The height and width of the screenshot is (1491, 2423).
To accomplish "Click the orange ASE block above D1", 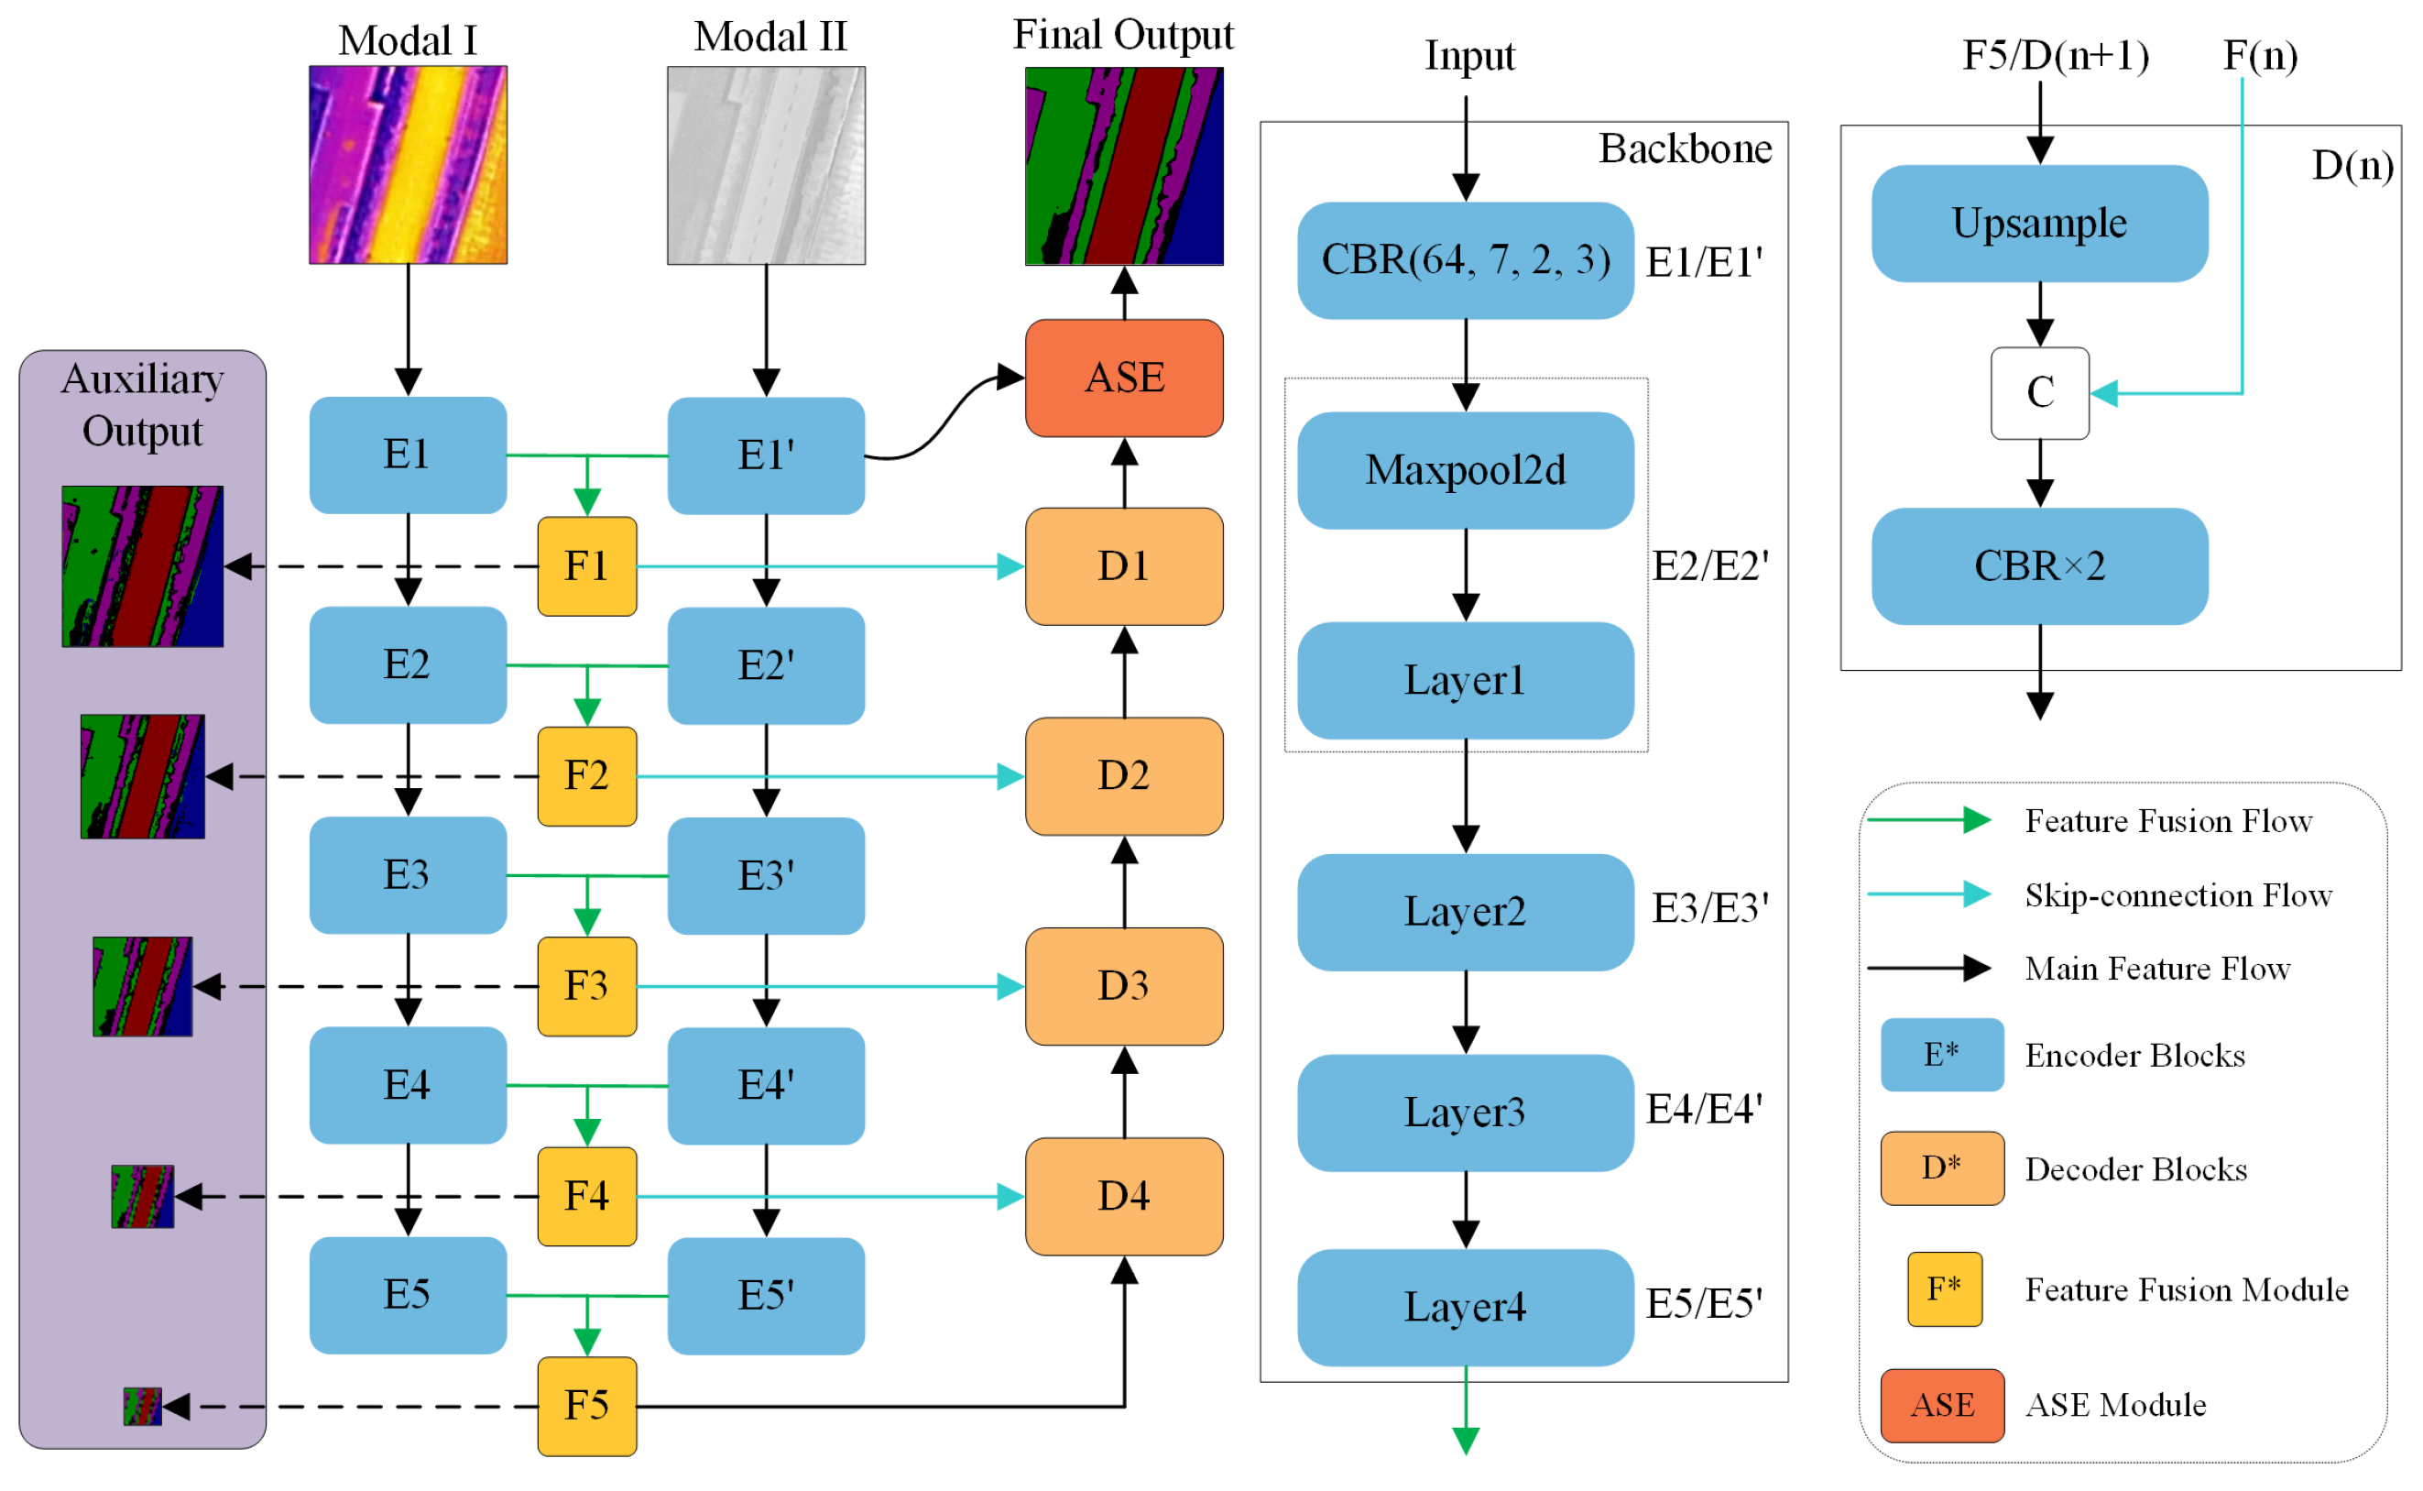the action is point(1124,378).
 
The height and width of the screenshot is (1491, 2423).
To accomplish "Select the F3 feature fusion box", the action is point(586,986).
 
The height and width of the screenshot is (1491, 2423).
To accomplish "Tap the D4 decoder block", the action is point(1124,1196).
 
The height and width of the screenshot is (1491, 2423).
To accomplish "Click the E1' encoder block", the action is point(766,455).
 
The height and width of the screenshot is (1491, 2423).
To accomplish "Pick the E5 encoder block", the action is point(408,1295).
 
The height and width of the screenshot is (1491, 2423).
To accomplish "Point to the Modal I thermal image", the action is point(408,165).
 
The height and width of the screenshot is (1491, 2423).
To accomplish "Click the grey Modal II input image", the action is point(766,166).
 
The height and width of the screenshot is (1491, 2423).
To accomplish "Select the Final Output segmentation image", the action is point(1124,166).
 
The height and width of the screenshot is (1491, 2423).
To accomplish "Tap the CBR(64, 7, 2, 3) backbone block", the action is point(1465,260).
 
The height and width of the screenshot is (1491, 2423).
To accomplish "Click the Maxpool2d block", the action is point(1465,470).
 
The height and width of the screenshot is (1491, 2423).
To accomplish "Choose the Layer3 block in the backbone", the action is point(1465,1113).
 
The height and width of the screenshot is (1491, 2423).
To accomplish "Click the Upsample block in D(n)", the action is point(2038,224).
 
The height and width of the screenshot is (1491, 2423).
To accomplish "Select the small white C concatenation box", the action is point(2038,393).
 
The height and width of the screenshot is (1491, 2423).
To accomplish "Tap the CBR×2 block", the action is point(2038,566).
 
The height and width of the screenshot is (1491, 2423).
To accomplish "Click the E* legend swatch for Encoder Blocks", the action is point(1941,1054).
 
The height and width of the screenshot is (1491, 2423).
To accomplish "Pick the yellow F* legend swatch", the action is point(1944,1288).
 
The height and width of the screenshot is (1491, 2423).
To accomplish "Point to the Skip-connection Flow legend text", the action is point(2177,895).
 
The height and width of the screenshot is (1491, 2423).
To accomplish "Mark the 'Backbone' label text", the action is point(1685,148).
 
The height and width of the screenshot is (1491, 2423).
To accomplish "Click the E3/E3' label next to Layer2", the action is point(1709,908).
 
